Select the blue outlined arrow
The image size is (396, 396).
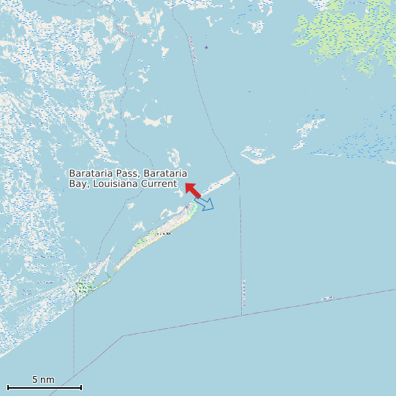205,204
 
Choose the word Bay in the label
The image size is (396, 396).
77,183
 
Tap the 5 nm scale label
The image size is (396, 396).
43,380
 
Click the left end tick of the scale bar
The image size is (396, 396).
8,387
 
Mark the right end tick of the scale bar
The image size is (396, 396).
81,387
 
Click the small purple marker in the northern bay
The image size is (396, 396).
206,47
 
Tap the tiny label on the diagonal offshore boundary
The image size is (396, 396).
328,298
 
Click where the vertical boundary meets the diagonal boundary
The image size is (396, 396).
241,316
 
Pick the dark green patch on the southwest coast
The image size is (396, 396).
82,289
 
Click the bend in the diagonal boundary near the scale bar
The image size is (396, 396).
123,335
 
